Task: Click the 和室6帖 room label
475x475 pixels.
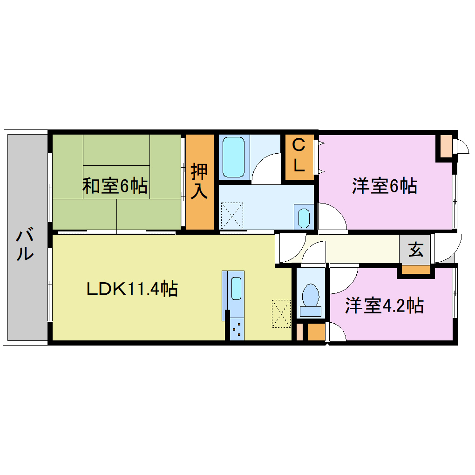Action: click(115, 186)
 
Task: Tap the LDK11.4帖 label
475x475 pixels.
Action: click(132, 290)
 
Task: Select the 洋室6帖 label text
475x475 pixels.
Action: click(384, 186)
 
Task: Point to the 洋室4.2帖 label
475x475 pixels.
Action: click(384, 306)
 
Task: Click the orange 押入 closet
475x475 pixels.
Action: click(200, 182)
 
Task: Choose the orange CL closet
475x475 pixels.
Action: click(299, 156)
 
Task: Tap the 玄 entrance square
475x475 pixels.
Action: click(416, 251)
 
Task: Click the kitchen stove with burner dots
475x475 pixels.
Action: click(237, 330)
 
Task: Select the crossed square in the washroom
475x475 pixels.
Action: click(231, 214)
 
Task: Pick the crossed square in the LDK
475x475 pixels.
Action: click(281, 314)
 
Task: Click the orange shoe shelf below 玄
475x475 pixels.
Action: click(415, 270)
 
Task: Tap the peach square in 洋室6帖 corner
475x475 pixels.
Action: click(446, 146)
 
